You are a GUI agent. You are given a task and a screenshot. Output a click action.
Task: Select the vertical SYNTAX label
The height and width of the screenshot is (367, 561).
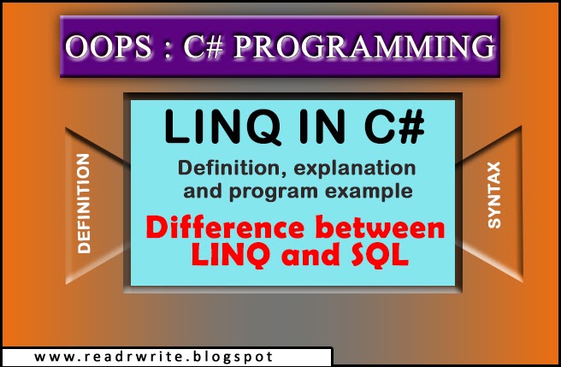(494, 196)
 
